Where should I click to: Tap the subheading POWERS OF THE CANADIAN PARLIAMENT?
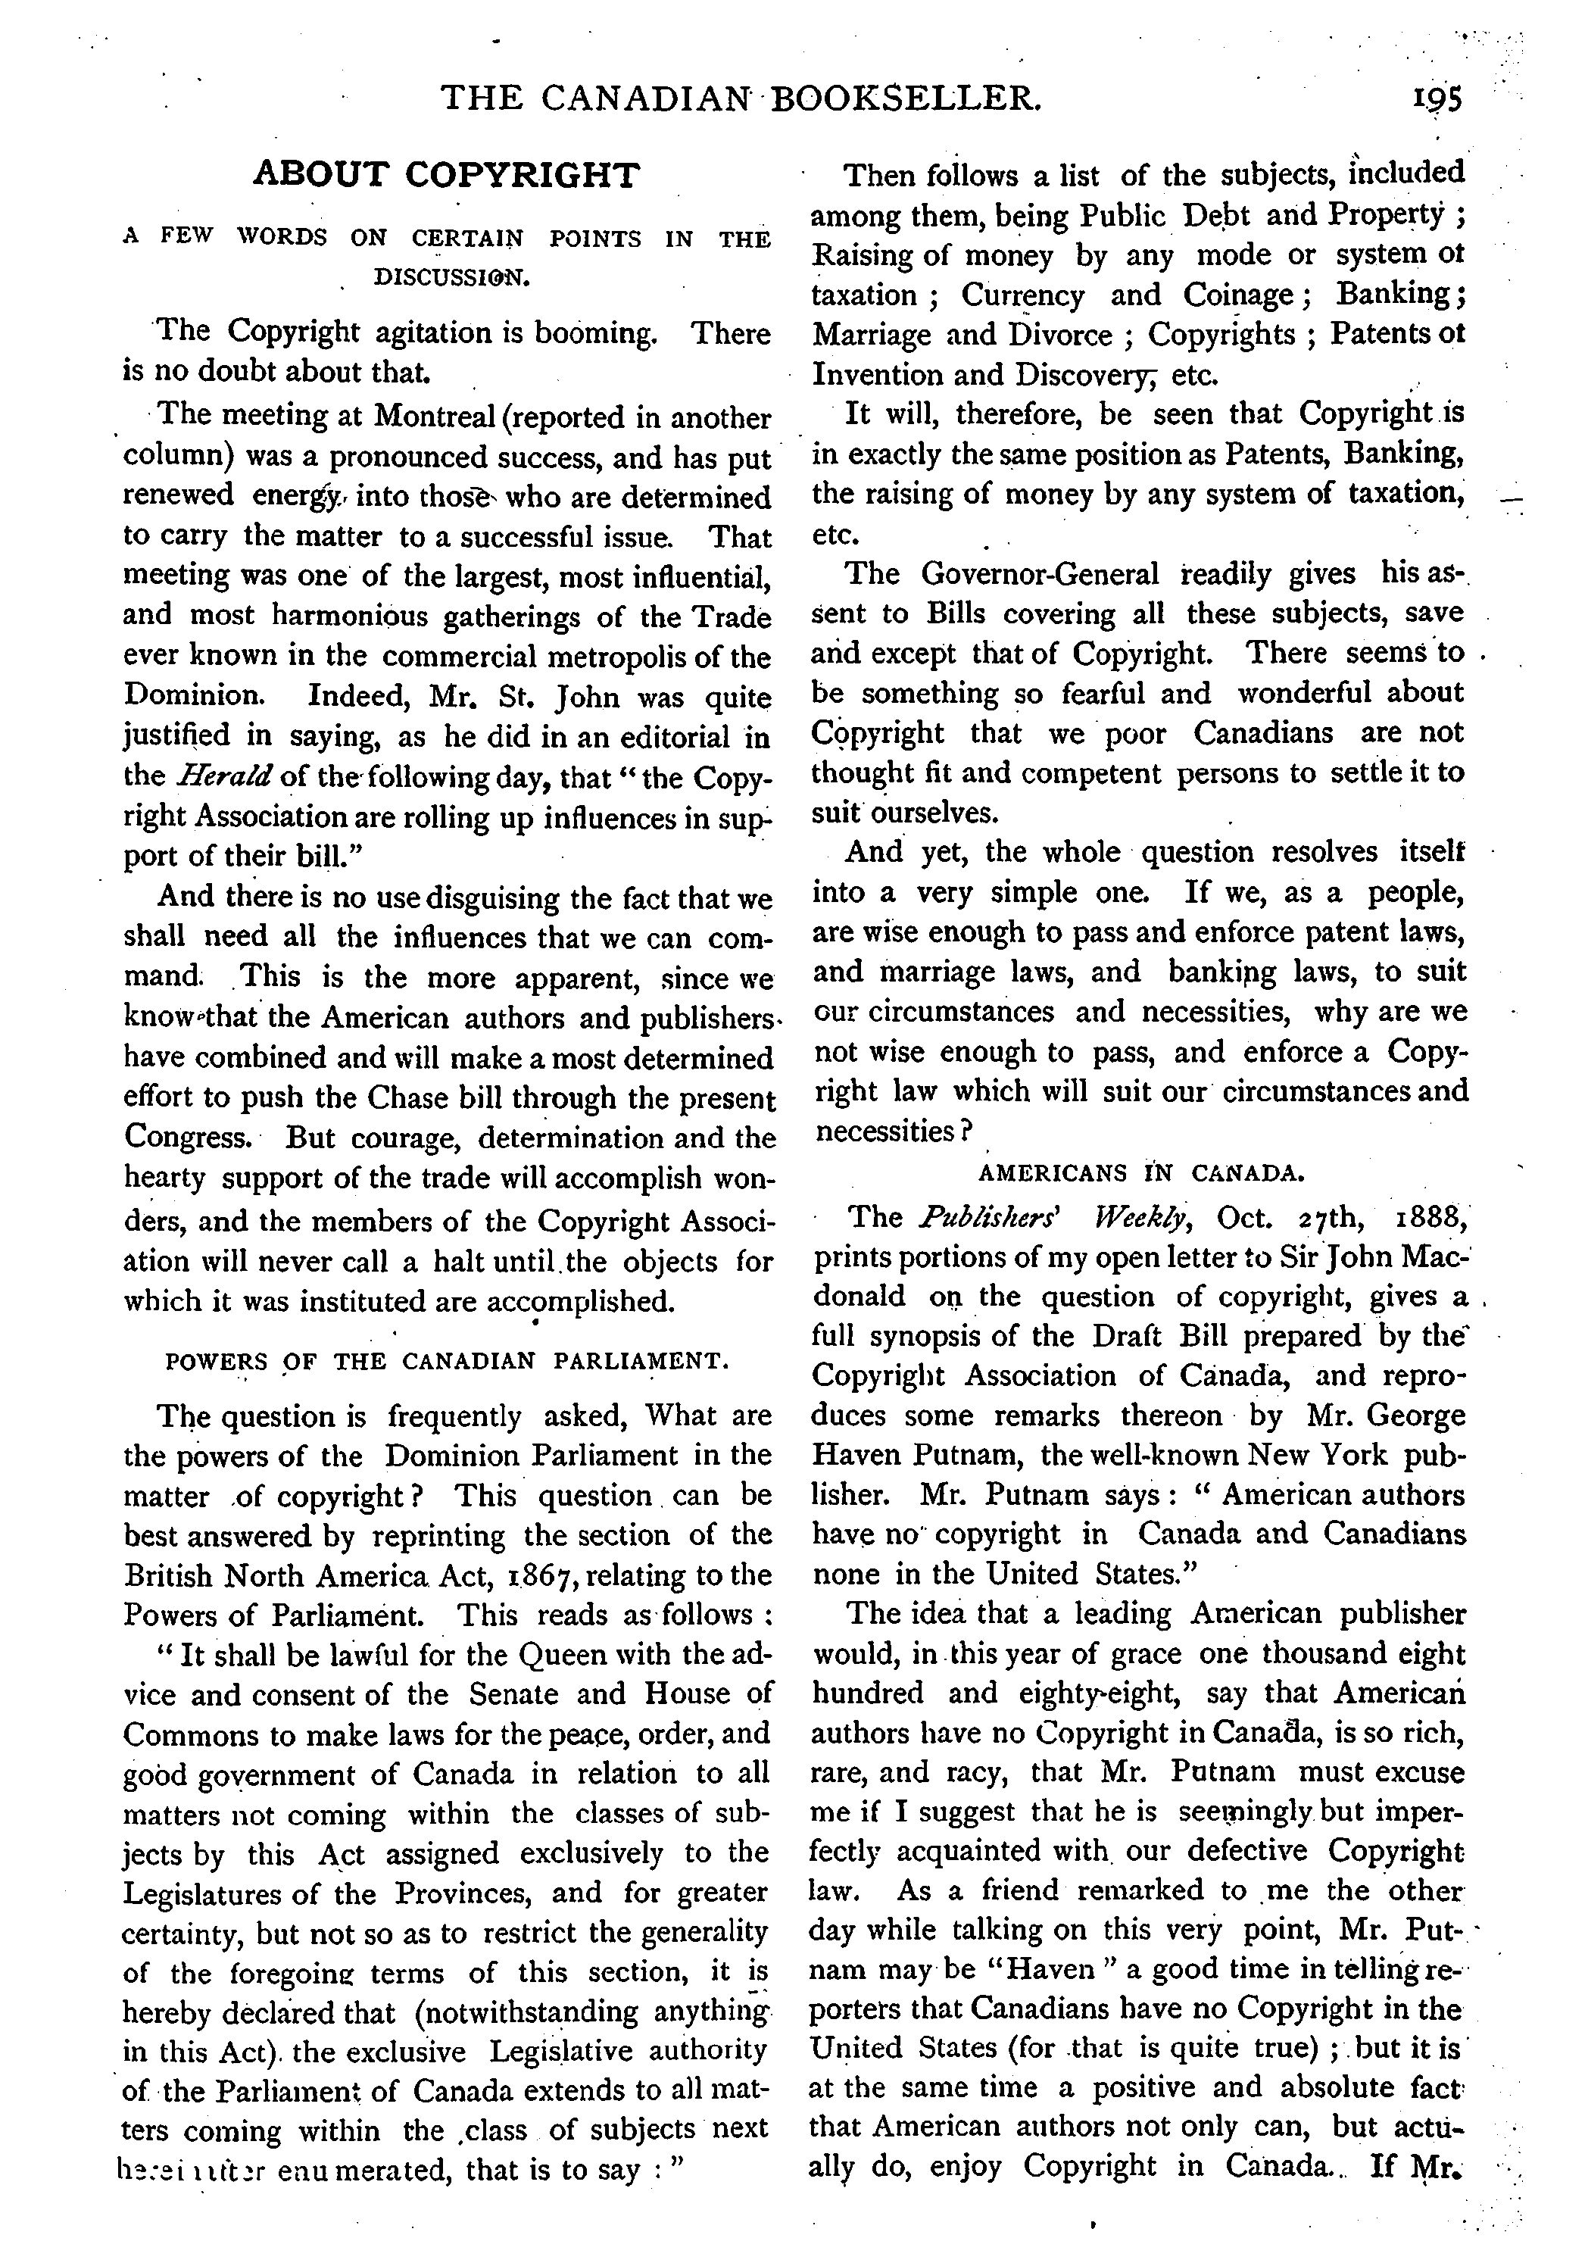[448, 1362]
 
